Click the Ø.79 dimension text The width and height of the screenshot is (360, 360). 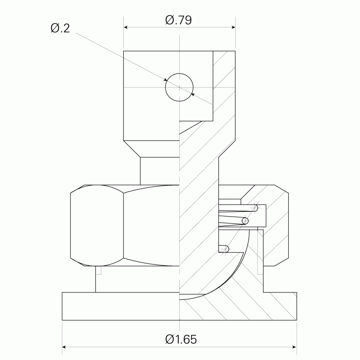[179, 20]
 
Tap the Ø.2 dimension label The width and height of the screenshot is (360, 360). [60, 28]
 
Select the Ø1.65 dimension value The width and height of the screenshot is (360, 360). [181, 339]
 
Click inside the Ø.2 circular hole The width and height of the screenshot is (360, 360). [179, 87]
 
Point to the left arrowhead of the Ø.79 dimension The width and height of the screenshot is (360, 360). [126, 28]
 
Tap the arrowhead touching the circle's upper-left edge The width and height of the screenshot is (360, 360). [166, 80]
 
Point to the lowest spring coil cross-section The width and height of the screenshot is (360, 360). [226, 249]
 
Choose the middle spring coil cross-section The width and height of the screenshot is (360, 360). [245, 221]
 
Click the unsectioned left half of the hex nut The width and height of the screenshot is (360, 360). [123, 225]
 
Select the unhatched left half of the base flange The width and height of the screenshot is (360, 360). [120, 306]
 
